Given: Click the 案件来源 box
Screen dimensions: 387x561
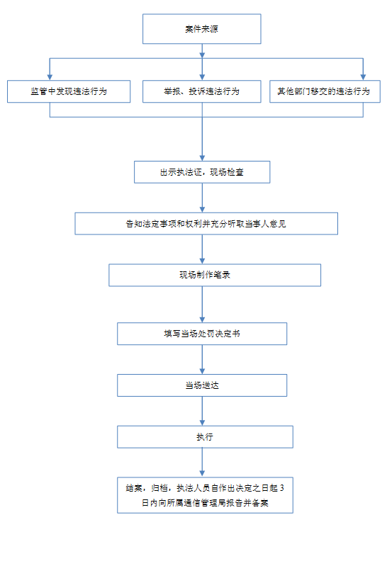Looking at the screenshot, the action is (201, 29).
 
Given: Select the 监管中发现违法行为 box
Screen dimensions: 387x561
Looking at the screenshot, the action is (69, 91).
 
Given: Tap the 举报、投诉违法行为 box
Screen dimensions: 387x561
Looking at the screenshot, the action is (201, 91).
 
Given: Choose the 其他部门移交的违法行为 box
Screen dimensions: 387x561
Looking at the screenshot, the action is (325, 91).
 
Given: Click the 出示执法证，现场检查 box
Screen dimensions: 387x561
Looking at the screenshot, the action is (202, 172).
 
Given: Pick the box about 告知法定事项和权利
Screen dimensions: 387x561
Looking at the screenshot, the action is (206, 224).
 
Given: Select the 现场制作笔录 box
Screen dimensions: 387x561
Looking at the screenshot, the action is (215, 275).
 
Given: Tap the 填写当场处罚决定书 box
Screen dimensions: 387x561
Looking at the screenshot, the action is (202, 334).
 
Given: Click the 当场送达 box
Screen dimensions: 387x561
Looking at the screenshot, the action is (202, 385).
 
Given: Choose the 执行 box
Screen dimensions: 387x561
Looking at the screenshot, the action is (205, 437).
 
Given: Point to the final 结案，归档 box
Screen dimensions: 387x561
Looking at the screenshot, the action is (205, 495).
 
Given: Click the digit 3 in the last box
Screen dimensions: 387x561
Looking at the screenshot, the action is (282, 488).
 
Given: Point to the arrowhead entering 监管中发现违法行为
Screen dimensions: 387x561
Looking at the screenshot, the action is (50, 77).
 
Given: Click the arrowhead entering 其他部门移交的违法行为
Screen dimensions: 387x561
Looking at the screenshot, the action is (363, 77).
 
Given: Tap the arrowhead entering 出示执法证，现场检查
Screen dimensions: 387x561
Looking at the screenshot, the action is (202, 158).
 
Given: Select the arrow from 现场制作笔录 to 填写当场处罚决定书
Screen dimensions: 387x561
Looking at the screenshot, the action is (202, 305).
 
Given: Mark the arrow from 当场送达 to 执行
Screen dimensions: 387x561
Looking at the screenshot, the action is (202, 411).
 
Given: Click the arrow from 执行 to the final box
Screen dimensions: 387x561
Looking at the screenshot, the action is (202, 463).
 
